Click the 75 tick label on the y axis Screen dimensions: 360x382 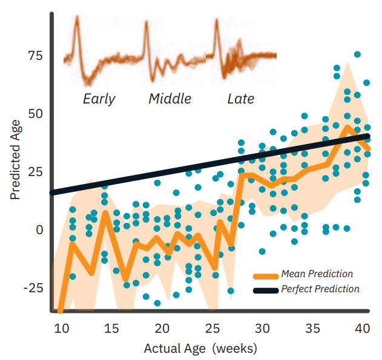tap(34, 56)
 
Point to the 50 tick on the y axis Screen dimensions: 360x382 tap(34, 114)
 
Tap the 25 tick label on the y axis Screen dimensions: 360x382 tap(34, 172)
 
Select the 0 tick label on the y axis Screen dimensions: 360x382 tap(38, 230)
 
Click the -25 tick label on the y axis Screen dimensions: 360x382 tap(31, 287)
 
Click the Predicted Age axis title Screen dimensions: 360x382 tap(16, 160)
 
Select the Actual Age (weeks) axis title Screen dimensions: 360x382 tap(200, 349)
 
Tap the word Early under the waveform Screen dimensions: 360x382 tap(99, 99)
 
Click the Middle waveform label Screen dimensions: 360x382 tap(170, 99)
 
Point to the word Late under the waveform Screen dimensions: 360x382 tap(240, 99)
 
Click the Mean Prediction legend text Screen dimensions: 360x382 tap(317, 274)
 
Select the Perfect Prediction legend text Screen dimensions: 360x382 tap(320, 289)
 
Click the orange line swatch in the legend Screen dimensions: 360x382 tap(266, 275)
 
